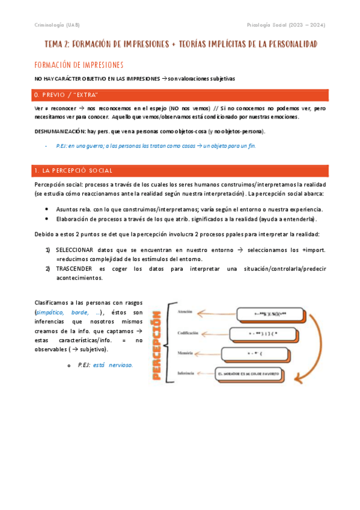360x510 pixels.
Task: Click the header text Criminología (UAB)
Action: click(x=57, y=25)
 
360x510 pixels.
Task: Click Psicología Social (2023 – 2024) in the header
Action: click(x=287, y=25)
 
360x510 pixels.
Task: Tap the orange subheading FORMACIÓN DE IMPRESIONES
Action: click(x=79, y=65)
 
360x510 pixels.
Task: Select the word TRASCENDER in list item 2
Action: click(x=73, y=269)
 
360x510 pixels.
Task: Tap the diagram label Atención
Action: click(x=186, y=312)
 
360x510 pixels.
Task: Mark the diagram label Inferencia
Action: click(x=185, y=373)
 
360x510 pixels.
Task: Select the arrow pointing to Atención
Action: click(x=216, y=312)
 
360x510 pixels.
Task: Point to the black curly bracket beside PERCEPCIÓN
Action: click(x=170, y=343)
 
